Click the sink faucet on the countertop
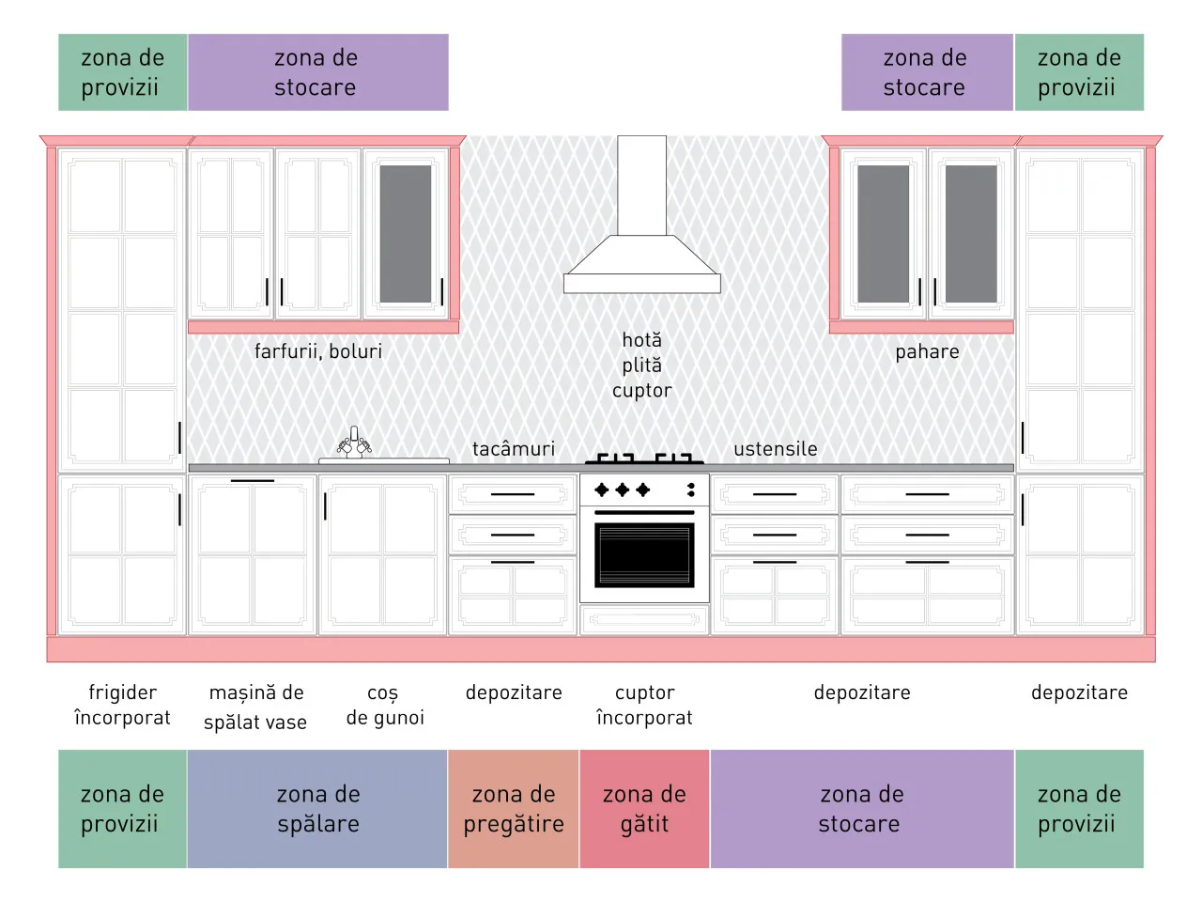(354, 443)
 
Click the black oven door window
(644, 555)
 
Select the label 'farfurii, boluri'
(318, 351)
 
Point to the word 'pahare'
(927, 352)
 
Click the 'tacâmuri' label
(514, 448)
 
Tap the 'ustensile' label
(776, 449)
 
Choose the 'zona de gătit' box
(644, 809)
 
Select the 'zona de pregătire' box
(514, 809)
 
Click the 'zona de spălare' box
(317, 809)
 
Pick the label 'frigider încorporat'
(123, 706)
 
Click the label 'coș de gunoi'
(385, 706)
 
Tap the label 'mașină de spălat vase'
(255, 707)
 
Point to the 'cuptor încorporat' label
(644, 706)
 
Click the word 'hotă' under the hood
(641, 340)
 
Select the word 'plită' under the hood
(641, 365)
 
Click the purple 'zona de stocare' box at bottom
(862, 809)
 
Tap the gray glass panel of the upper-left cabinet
(406, 234)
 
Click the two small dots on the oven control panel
(691, 490)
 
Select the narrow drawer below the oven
(644, 619)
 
